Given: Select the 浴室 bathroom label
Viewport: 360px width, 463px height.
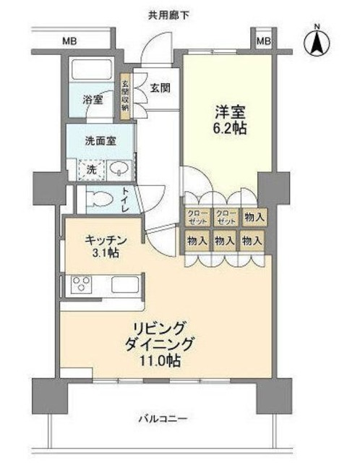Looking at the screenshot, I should [x=92, y=99].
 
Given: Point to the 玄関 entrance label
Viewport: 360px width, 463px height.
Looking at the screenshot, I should [x=160, y=89].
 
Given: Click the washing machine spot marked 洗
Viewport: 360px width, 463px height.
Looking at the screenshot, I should [x=93, y=169].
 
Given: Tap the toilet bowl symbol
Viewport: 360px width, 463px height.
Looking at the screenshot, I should [x=101, y=198].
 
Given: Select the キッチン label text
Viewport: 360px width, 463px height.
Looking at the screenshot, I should [x=106, y=239].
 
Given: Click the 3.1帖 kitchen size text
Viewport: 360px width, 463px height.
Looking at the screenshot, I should [x=106, y=254].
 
